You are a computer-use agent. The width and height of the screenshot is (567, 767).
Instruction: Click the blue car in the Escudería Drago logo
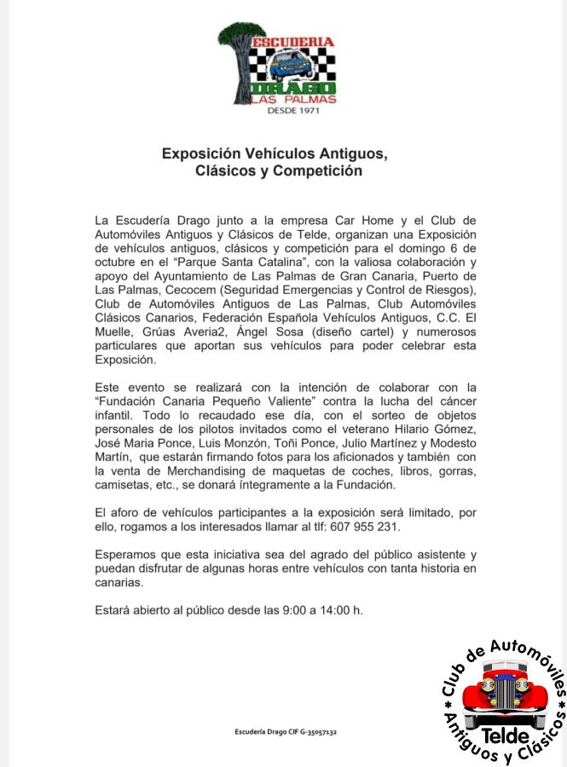[290, 64]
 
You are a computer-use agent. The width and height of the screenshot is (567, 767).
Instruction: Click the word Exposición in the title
[202, 154]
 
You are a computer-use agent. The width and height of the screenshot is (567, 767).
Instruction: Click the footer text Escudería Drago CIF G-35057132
[286, 732]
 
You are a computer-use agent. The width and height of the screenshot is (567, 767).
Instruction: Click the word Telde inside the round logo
[505, 735]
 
